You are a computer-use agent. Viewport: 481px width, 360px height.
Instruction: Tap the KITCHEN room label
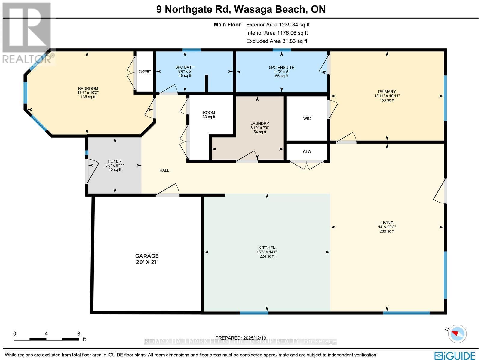tap(267, 248)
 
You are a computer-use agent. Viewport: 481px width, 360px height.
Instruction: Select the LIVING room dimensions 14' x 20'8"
tap(387, 227)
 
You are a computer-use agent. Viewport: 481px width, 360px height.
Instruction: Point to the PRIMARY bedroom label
tap(387, 92)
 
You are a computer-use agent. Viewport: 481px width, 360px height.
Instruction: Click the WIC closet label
tap(307, 119)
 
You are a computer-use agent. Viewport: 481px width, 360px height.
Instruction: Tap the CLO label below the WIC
tap(307, 152)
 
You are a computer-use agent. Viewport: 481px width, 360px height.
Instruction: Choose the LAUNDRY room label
tap(260, 124)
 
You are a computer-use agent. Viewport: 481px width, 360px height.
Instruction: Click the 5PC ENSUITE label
tap(281, 68)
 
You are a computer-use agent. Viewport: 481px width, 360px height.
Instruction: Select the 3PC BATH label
tap(185, 68)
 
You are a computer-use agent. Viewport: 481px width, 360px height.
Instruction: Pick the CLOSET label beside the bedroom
tap(145, 72)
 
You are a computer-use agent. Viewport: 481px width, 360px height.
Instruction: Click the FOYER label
tap(115, 161)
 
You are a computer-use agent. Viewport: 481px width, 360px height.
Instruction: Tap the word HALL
tap(164, 170)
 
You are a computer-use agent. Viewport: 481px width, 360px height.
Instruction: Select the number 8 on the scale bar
tap(78, 334)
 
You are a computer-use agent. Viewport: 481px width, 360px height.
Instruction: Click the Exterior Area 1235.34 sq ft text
tap(278, 25)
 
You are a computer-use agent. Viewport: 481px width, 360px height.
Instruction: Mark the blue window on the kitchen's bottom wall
tap(254, 313)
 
